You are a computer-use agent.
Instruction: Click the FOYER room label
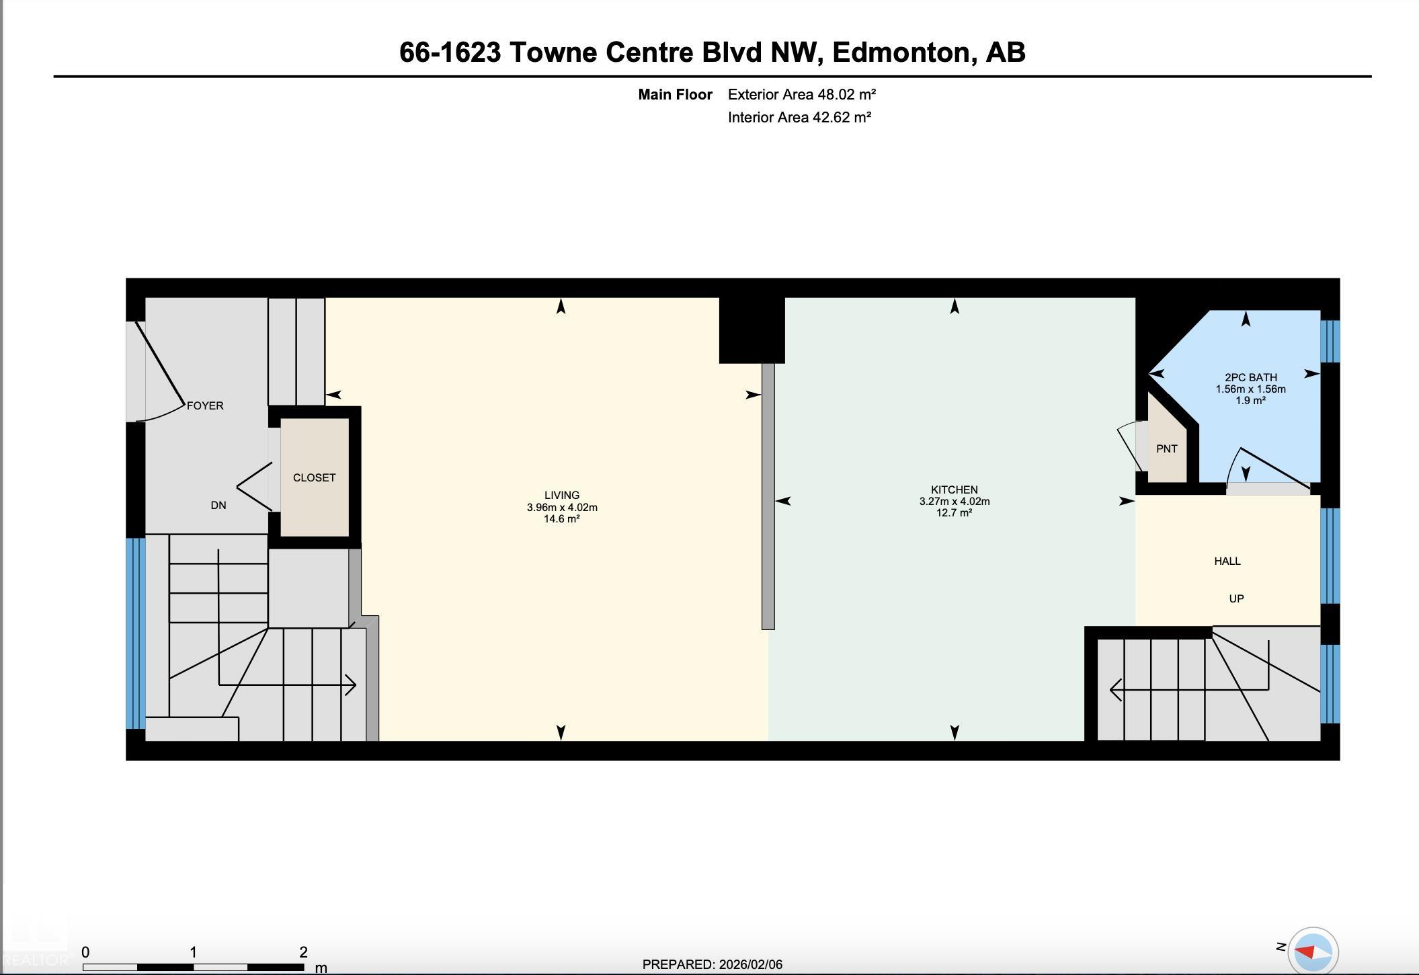205,405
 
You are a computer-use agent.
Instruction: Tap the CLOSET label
314,477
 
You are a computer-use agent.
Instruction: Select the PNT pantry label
1167,448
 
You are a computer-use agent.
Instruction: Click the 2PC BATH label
1251,377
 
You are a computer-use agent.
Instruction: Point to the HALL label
1227,561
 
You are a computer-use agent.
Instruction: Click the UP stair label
1236,598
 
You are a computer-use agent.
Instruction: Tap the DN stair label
218,505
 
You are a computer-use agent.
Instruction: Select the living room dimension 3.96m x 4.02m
562,507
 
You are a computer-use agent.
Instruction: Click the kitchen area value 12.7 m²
955,512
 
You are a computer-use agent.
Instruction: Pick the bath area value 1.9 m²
1251,400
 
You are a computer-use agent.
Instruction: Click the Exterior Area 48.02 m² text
802,94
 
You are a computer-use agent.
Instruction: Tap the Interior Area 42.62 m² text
799,117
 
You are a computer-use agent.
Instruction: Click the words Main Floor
675,94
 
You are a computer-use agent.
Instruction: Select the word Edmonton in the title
905,52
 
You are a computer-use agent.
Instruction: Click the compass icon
1313,951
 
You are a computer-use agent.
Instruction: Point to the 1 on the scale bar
193,952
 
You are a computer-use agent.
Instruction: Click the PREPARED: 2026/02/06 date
713,964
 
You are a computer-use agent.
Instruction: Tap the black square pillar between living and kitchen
752,329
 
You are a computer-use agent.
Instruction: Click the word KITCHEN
955,490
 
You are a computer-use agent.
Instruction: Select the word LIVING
562,495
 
